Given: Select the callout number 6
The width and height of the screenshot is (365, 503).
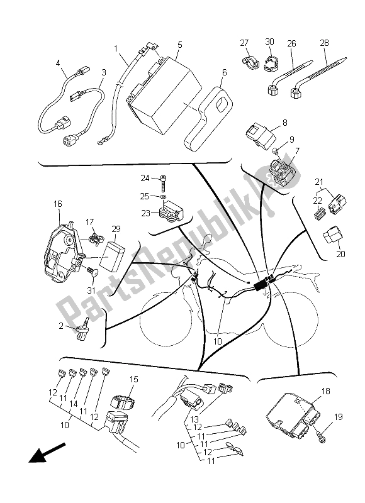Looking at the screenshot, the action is (224, 72).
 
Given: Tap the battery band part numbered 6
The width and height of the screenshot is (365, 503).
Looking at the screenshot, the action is (209, 116).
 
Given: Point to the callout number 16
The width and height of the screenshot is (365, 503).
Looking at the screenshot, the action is (58, 204).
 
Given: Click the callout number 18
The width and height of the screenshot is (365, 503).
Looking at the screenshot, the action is (326, 391).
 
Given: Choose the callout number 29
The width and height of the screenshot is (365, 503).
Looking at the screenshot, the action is (116, 229).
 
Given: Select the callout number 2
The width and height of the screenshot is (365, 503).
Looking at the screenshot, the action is (61, 326).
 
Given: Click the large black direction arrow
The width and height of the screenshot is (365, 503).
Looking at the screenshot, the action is (47, 453).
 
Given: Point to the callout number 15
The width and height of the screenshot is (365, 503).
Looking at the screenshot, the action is (134, 380).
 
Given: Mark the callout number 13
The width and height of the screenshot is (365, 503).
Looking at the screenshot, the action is (194, 419).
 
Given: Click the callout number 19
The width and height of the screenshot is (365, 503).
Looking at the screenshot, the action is (338, 417).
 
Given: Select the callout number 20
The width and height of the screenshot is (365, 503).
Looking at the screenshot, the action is (340, 254).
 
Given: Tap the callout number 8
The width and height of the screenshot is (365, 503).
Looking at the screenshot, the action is (284, 123).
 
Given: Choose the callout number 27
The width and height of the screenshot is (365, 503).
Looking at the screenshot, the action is (244, 43).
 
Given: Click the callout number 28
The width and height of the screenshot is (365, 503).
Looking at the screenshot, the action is (325, 43).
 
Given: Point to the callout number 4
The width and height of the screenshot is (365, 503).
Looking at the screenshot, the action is (58, 63).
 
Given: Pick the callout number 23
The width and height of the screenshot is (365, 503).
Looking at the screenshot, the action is (146, 213).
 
